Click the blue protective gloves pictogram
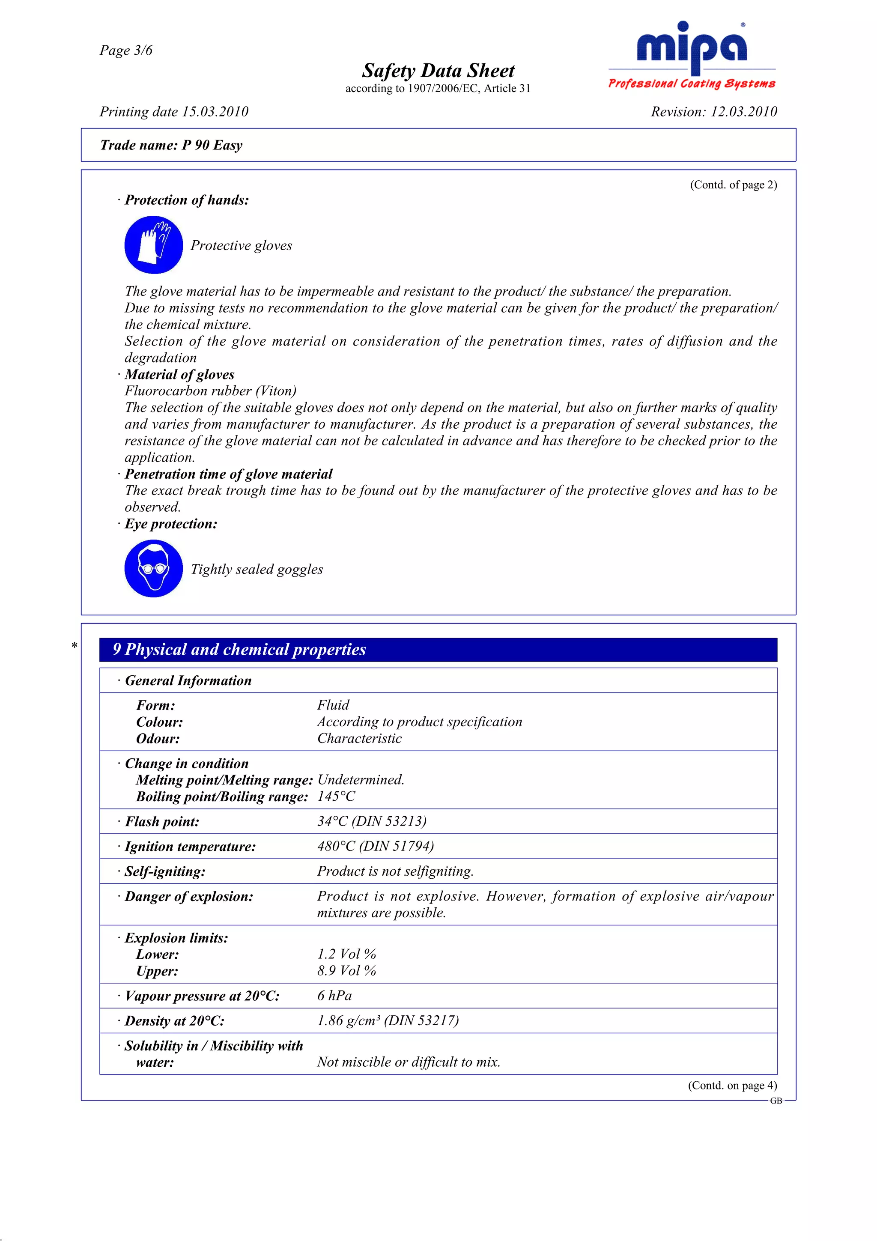point(153,245)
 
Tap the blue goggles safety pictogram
point(153,569)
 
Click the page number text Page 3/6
point(126,50)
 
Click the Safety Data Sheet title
point(438,71)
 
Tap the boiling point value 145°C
point(336,796)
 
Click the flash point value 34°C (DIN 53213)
point(372,821)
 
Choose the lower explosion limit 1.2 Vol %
point(346,954)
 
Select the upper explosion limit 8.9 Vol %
point(346,971)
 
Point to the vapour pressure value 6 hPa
point(334,996)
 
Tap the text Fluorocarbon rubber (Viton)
point(210,391)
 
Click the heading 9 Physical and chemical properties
point(239,649)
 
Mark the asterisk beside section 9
point(75,645)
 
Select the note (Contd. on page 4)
point(732,1085)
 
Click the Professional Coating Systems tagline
point(692,84)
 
